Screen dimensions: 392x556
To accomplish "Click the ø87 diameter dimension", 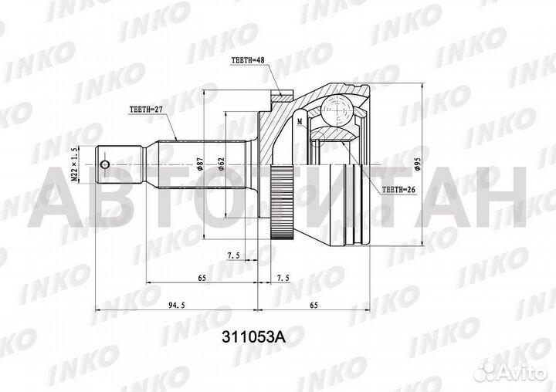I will (x=200, y=164).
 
